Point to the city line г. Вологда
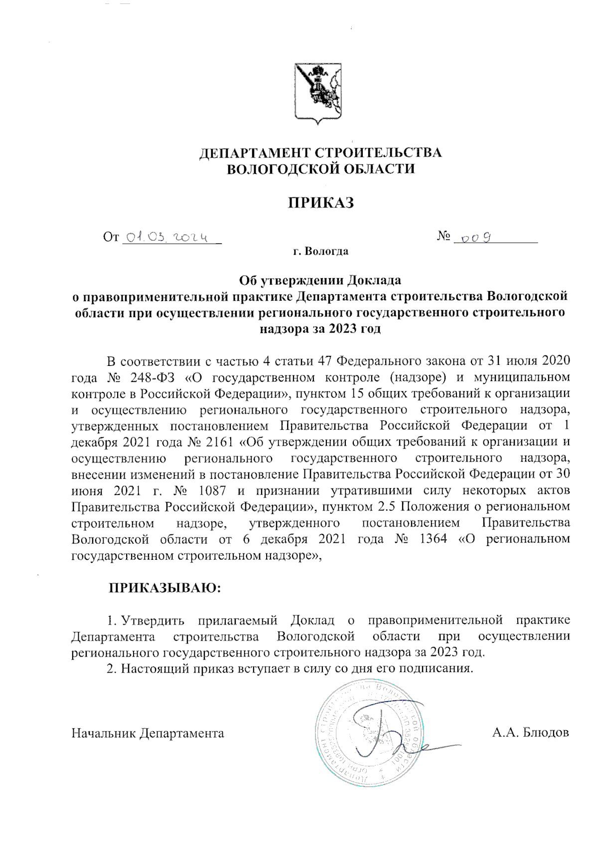[x=320, y=251]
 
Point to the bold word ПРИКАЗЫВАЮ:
[x=165, y=588]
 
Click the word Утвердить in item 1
[x=153, y=620]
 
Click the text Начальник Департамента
[x=148, y=733]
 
